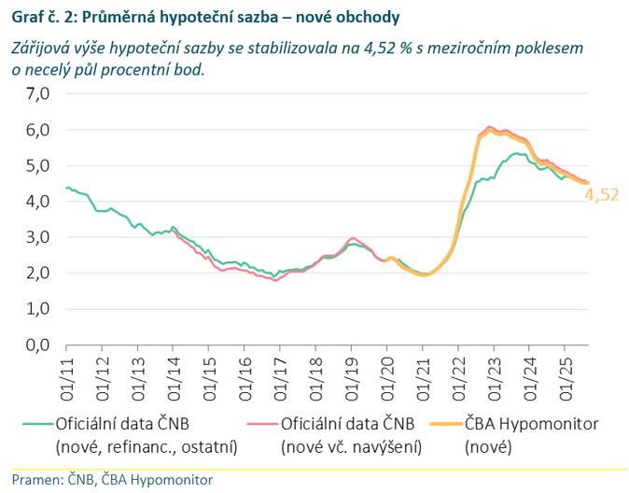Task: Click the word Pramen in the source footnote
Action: pos(33,480)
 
